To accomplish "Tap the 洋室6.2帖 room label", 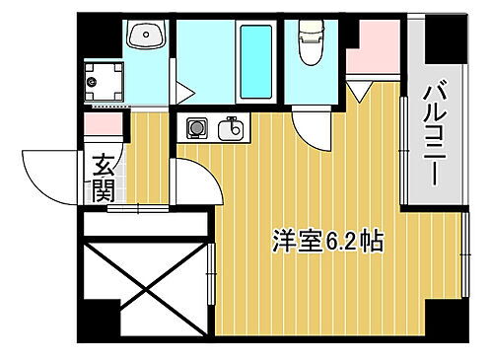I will [328, 240].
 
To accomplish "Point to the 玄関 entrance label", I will [103, 177].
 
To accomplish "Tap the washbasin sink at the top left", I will [149, 38].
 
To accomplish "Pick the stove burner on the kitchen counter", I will [196, 127].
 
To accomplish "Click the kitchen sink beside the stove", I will [233, 127].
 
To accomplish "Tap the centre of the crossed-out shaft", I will [146, 286].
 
